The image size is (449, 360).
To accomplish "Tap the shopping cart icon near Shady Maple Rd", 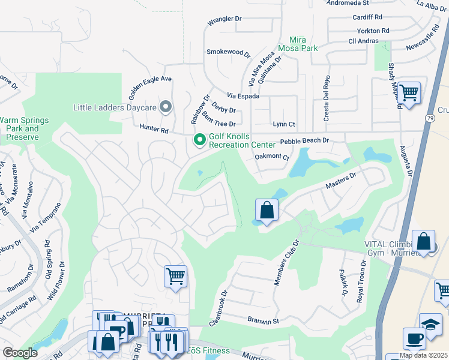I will (409, 93).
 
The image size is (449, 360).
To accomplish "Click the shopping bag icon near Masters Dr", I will (267, 211).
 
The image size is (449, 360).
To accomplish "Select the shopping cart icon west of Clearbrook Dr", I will (175, 277).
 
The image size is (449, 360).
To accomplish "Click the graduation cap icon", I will (430, 325).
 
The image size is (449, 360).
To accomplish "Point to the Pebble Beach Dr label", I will (305, 140).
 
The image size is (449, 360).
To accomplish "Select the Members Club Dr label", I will (286, 263).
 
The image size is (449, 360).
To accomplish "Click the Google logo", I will (20, 352).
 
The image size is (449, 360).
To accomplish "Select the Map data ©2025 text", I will (424, 355).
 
